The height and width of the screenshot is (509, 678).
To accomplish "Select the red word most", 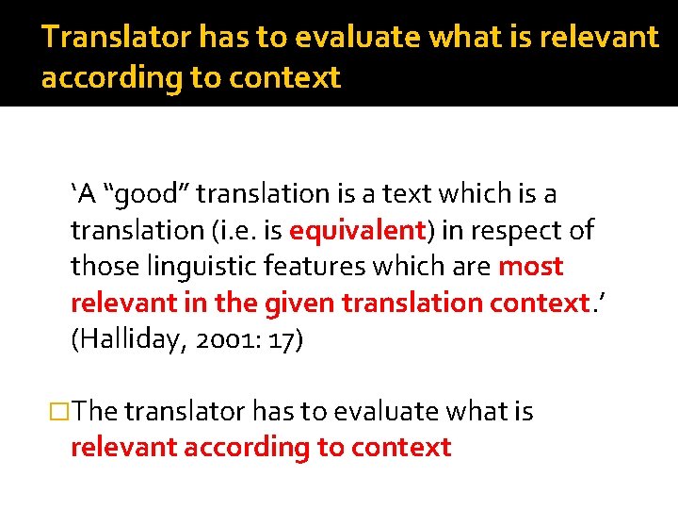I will point(530,267).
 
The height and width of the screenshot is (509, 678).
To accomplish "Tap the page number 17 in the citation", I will point(280,340).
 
